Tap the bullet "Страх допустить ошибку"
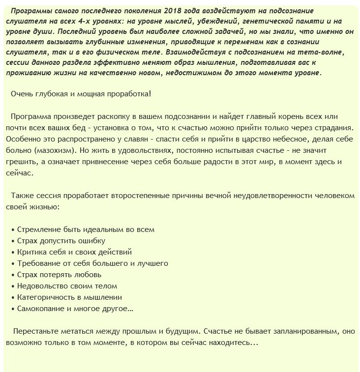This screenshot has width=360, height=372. [x=61, y=240]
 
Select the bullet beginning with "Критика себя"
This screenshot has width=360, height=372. [x=74, y=252]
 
